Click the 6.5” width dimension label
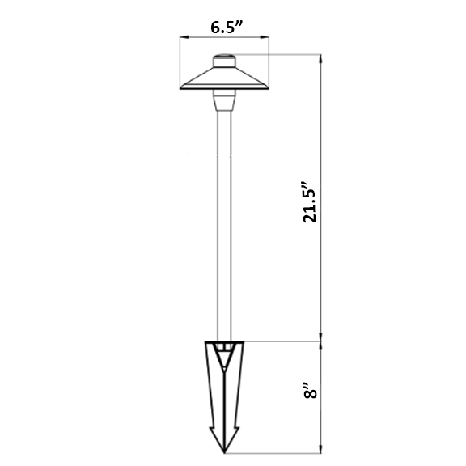coord(227,28)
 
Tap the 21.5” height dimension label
coord(309,201)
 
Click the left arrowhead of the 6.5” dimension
coord(184,37)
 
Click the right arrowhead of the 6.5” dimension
coord(265,37)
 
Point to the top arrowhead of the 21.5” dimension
coord(320,59)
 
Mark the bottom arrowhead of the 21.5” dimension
coord(320,337)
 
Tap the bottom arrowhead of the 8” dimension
coord(320,449)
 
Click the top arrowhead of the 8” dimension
coord(320,346)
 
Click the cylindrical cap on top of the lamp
coord(224,61)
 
